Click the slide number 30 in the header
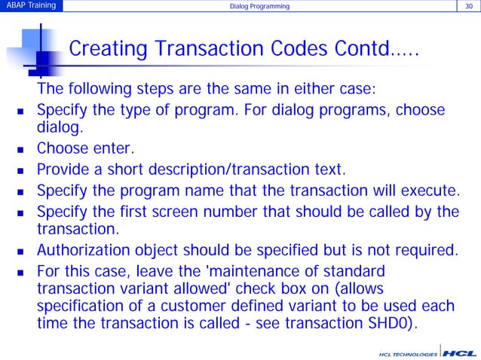click(x=468, y=7)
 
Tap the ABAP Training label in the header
click(x=31, y=7)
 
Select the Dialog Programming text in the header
click(x=260, y=8)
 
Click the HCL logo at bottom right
click(x=458, y=352)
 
